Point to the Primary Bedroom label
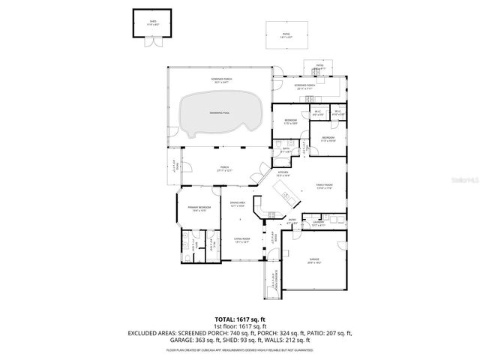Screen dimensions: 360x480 tap(200, 208)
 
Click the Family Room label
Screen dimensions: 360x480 tap(324, 186)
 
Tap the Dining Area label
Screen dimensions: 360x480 tap(238, 205)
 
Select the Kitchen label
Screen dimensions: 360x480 tap(283, 173)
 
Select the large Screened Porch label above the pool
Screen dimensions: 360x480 tap(219, 79)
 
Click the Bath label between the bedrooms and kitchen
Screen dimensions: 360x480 tap(286, 149)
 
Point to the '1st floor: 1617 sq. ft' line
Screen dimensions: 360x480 tap(239, 327)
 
